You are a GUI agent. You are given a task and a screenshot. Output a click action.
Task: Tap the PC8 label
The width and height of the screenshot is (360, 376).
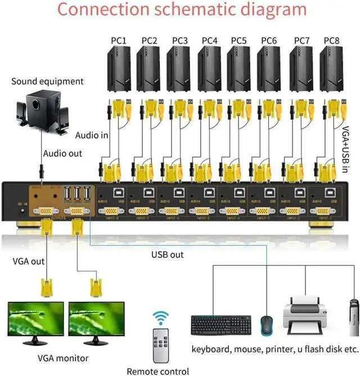click(331, 40)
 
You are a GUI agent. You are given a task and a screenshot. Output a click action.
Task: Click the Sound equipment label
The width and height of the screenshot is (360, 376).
click(47, 81)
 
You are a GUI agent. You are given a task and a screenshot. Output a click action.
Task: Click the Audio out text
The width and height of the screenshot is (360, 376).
click(62, 153)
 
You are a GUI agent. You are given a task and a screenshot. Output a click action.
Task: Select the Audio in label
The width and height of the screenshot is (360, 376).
click(92, 135)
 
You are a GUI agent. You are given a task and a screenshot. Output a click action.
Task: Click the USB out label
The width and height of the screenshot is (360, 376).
click(168, 255)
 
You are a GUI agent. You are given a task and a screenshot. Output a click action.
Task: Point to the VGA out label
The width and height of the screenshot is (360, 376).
click(28, 261)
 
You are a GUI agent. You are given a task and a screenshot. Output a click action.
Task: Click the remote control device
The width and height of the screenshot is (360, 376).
click(160, 345)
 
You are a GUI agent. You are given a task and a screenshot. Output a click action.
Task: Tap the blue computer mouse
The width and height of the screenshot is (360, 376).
click(265, 325)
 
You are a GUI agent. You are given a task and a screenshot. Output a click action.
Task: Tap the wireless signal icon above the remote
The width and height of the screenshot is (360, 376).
click(162, 318)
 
